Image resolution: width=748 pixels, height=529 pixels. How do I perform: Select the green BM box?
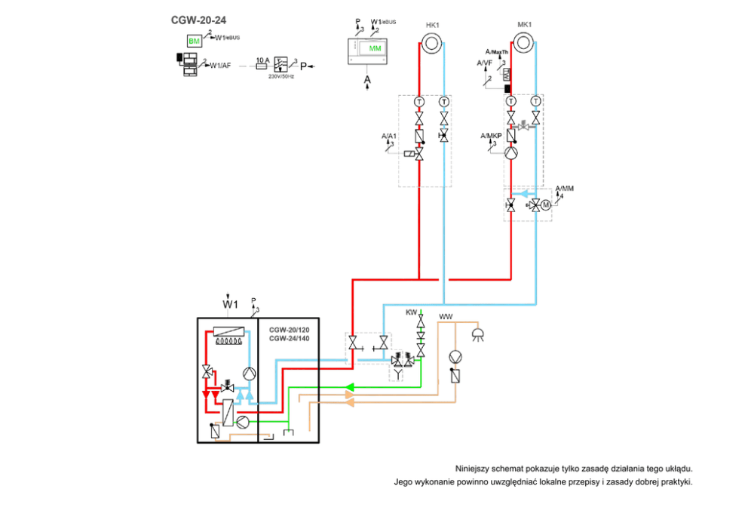click(x=195, y=40)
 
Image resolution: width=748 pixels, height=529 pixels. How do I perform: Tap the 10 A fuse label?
click(x=262, y=59)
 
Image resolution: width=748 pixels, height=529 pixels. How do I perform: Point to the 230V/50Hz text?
click(x=280, y=76)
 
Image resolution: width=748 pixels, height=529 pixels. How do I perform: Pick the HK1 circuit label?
click(x=432, y=26)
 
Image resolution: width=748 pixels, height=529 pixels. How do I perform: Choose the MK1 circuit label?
click(x=524, y=25)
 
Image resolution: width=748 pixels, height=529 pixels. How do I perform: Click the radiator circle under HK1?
click(x=431, y=42)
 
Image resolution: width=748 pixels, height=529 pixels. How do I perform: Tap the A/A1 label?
click(x=389, y=136)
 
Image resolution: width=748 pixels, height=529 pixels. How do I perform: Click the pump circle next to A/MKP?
click(x=511, y=154)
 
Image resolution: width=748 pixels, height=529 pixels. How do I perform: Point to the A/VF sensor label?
click(x=484, y=63)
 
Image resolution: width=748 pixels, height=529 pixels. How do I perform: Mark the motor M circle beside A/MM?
click(x=546, y=205)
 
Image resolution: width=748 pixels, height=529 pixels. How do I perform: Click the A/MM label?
click(x=564, y=188)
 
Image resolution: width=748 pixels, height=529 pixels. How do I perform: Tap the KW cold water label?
click(x=411, y=312)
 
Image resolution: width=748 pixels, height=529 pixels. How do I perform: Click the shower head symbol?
click(x=477, y=334)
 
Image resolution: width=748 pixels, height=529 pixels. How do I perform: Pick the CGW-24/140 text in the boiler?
click(x=290, y=339)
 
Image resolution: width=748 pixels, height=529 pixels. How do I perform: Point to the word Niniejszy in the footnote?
click(x=475, y=468)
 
